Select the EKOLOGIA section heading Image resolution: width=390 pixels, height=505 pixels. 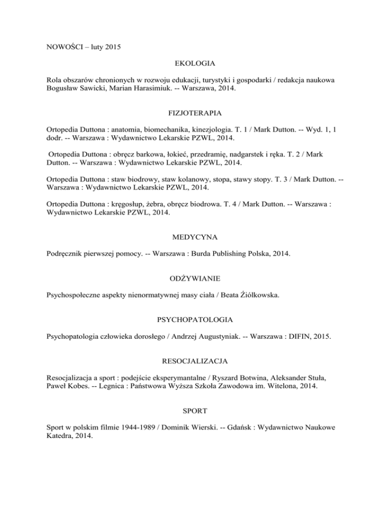click(x=195, y=64)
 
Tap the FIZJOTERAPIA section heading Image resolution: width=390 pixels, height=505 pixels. click(x=195, y=115)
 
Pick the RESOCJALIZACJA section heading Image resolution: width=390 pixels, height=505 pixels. click(x=195, y=362)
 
